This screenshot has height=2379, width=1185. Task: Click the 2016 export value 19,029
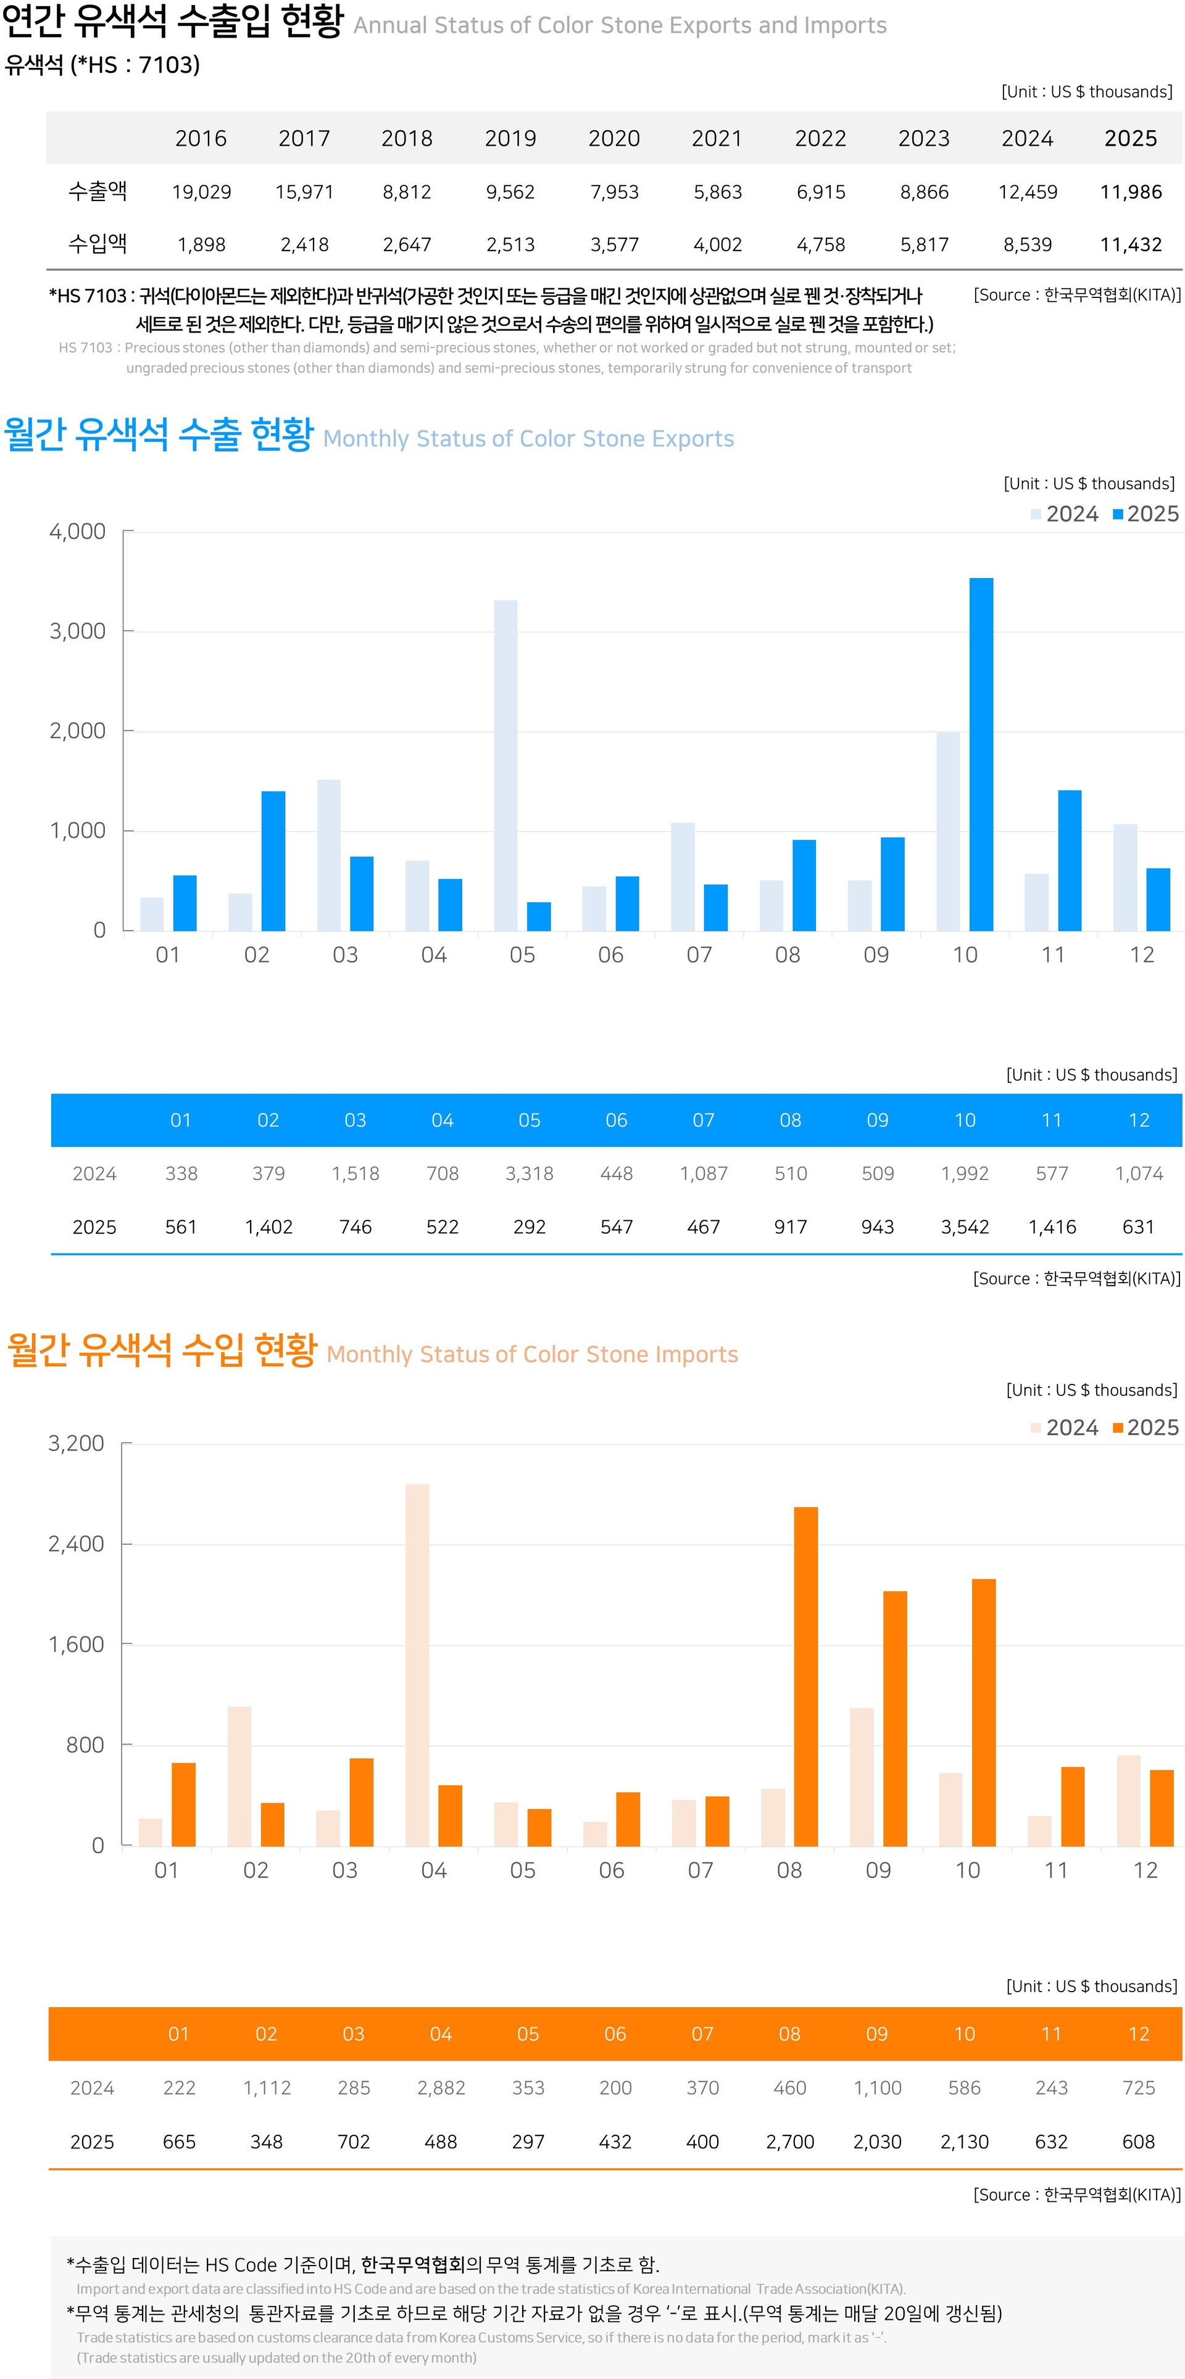201,192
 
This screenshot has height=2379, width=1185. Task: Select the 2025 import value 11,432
1131,245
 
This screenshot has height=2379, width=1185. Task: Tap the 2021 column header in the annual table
717,139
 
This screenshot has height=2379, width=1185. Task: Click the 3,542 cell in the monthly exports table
964,1227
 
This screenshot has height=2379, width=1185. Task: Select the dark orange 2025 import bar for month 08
805,1676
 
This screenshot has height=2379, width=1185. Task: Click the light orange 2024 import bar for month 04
417,1665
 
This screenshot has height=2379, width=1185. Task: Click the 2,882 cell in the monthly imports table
441,2087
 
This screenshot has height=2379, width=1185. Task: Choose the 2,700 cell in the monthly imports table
790,2141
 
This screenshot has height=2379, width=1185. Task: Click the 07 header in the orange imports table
702,2034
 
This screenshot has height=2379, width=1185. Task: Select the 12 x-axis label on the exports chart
1142,955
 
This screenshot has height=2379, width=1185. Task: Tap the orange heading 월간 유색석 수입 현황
162,1350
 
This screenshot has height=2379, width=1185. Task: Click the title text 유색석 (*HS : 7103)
102,65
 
